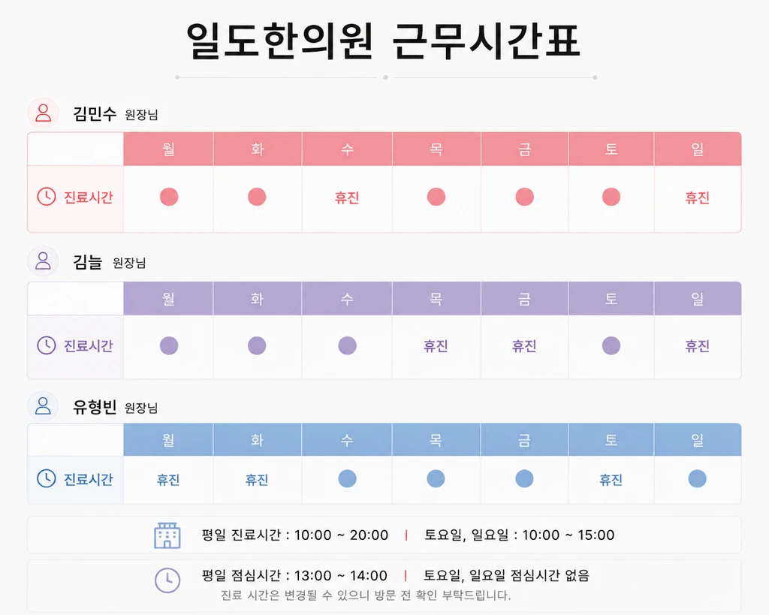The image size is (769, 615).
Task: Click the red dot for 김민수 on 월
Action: [x=169, y=197]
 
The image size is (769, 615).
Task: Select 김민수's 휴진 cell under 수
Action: [x=347, y=197]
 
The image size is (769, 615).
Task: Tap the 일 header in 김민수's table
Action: [x=698, y=149]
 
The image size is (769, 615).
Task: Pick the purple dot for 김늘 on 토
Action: [x=611, y=345]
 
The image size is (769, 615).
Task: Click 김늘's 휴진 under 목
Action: [x=436, y=346]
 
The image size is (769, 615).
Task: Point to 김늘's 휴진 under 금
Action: [x=524, y=346]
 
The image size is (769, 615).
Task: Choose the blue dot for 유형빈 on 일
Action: [x=698, y=478]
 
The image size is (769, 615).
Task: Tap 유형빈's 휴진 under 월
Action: [x=168, y=480]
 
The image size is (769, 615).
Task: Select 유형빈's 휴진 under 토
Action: [x=611, y=480]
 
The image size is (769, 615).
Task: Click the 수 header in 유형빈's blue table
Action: [x=347, y=440]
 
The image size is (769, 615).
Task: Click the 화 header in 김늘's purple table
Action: [x=258, y=299]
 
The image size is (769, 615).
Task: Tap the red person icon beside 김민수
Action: [x=43, y=113]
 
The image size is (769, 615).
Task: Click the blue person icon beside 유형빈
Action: [x=43, y=406]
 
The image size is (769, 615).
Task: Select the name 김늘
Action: [x=87, y=262]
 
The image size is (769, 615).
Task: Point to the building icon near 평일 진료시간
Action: [x=167, y=535]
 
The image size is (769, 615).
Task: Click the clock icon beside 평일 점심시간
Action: [x=167, y=580]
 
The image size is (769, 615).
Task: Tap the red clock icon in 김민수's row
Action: [x=47, y=197]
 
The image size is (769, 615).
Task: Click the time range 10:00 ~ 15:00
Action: [x=568, y=535]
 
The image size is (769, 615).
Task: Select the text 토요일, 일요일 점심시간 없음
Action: [x=506, y=575]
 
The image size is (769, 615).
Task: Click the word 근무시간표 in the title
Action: [x=486, y=41]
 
